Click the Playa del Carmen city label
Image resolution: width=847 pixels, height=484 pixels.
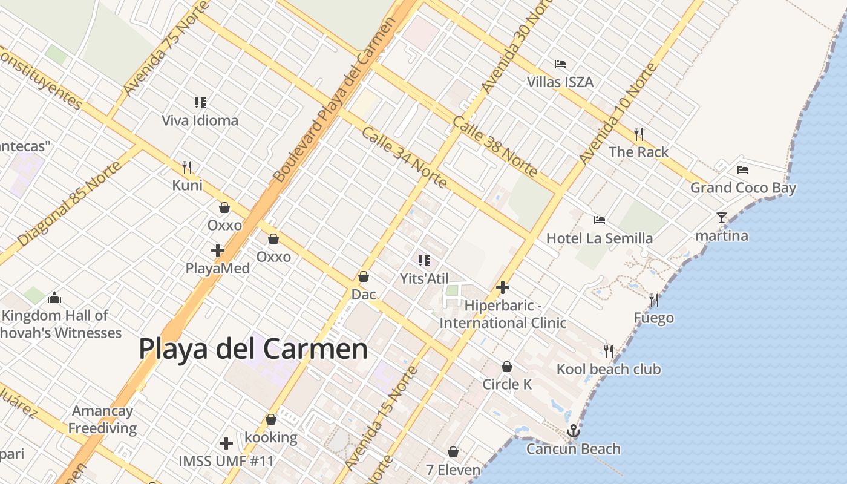tap(253, 350)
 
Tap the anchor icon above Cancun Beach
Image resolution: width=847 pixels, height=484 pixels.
tap(573, 431)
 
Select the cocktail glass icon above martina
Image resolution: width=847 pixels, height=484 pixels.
tap(721, 218)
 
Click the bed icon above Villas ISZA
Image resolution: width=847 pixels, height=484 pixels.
tap(560, 64)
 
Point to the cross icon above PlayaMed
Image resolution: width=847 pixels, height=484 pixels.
tap(218, 250)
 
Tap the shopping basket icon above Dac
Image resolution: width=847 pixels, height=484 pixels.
tap(364, 277)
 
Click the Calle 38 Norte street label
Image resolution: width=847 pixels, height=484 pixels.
tap(494, 146)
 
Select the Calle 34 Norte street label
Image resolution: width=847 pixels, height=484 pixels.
tap(404, 157)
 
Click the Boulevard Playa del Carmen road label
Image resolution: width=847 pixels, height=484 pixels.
tap(335, 100)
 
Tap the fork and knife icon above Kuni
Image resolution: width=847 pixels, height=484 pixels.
tap(188, 168)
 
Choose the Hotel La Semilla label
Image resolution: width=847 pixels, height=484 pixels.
tap(599, 238)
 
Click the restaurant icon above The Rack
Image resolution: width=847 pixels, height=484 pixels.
tap(638, 134)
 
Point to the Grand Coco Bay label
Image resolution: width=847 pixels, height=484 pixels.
tap(743, 188)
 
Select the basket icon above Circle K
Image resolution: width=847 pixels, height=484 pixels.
tap(507, 367)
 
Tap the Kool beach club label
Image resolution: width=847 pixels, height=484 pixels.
tap(608, 369)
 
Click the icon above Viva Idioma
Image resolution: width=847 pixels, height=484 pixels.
tap(200, 103)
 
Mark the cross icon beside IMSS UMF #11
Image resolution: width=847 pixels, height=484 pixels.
tap(226, 444)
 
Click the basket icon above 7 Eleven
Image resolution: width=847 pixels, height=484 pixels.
tap(453, 452)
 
